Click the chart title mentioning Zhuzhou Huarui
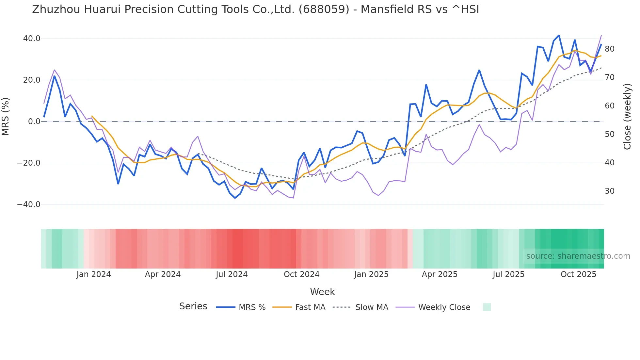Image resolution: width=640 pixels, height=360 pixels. pyautogui.click(x=255, y=9)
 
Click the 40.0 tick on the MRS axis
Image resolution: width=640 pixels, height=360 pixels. pyautogui.click(x=32, y=39)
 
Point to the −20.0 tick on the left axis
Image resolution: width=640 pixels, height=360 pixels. pyautogui.click(x=29, y=163)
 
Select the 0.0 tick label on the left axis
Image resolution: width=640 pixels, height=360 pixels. pyautogui.click(x=34, y=122)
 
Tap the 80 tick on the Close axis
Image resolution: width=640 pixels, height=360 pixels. pyautogui.click(x=609, y=49)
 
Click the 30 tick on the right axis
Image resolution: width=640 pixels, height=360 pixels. pyautogui.click(x=609, y=191)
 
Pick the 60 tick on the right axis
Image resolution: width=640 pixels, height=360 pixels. pyautogui.click(x=609, y=106)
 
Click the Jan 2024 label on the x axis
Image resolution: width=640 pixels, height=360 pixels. pyautogui.click(x=94, y=274)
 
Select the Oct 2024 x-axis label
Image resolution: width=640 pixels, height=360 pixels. pyautogui.click(x=301, y=274)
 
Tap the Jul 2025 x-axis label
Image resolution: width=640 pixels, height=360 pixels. pyautogui.click(x=508, y=274)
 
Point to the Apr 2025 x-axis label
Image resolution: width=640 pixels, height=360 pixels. pyautogui.click(x=440, y=274)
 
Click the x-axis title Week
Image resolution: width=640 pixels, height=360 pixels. pyautogui.click(x=322, y=292)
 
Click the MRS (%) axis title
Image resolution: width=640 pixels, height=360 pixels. pyautogui.click(x=6, y=117)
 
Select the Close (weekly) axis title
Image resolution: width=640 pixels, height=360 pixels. pyautogui.click(x=627, y=117)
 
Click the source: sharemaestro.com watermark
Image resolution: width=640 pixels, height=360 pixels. pyautogui.click(x=578, y=256)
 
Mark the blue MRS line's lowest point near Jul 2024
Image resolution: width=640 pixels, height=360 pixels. pyautogui.click(x=235, y=198)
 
